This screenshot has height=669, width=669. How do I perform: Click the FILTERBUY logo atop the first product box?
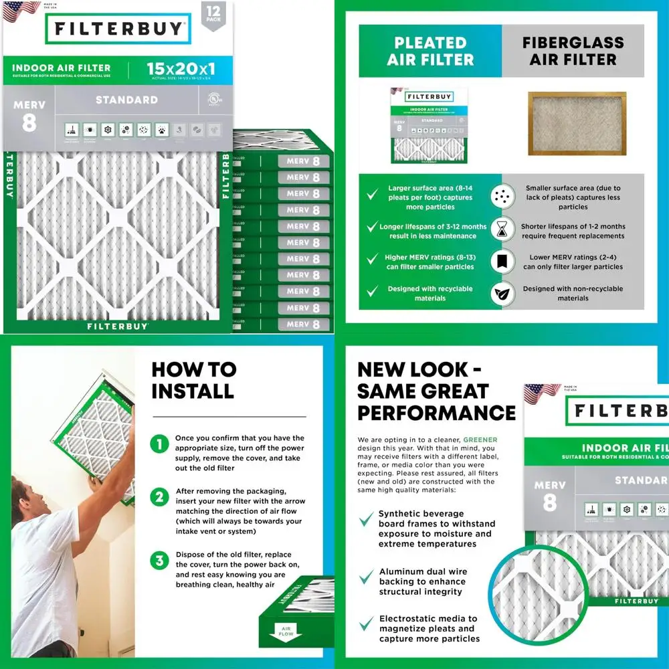pos(118,29)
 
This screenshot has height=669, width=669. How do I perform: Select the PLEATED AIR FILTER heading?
pos(430,52)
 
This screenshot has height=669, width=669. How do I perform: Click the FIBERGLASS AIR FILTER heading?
pos(573,52)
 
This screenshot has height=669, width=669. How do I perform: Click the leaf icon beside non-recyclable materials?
pos(499,293)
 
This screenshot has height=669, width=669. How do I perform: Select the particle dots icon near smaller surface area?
pos(499,195)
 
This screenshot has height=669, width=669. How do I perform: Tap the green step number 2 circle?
pos(159,497)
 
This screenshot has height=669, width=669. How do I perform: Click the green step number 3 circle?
pos(159,561)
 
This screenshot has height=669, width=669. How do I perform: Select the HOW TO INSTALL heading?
pos(193,380)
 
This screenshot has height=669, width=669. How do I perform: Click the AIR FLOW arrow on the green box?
pos(286,630)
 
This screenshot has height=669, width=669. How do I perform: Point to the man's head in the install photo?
pos(27,498)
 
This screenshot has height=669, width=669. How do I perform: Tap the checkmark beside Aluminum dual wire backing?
pos(365,577)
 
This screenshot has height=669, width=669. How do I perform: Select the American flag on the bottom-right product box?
pos(541,393)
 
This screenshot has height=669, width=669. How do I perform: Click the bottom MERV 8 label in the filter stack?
pos(302,324)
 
